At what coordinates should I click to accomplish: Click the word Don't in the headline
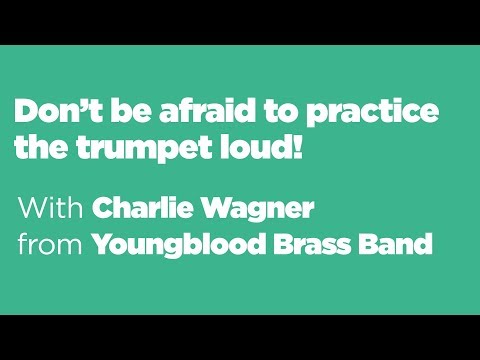(x=50, y=112)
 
